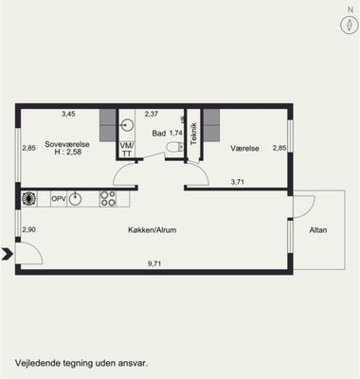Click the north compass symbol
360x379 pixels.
(x=350, y=25)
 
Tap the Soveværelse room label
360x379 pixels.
(x=67, y=144)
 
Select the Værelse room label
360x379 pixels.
(x=244, y=148)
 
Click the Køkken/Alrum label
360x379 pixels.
(x=153, y=230)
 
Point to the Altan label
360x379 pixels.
(x=318, y=230)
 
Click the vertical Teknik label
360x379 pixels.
(x=194, y=134)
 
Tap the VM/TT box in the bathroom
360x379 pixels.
(x=127, y=150)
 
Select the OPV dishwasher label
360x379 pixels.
(x=59, y=199)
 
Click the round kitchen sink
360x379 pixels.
(x=75, y=199)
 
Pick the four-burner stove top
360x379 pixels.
(x=108, y=199)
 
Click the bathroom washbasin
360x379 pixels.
(x=127, y=125)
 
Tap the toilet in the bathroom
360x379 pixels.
(x=174, y=147)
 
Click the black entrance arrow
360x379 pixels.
(x=7, y=254)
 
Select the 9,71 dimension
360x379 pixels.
(x=156, y=264)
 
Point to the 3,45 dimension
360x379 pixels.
(x=68, y=114)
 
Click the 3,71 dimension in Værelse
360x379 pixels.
(x=238, y=182)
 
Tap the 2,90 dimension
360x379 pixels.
(x=28, y=229)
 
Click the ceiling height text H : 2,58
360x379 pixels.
(x=68, y=152)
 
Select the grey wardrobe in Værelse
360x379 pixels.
(x=211, y=125)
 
